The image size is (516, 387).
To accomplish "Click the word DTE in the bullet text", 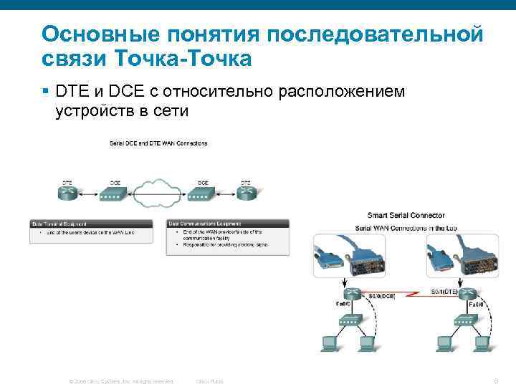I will (x=72, y=92).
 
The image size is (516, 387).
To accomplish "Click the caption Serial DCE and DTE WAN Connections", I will (x=158, y=143).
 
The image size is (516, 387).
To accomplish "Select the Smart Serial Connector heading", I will (x=406, y=215).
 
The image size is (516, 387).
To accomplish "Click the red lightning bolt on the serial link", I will (x=405, y=295).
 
